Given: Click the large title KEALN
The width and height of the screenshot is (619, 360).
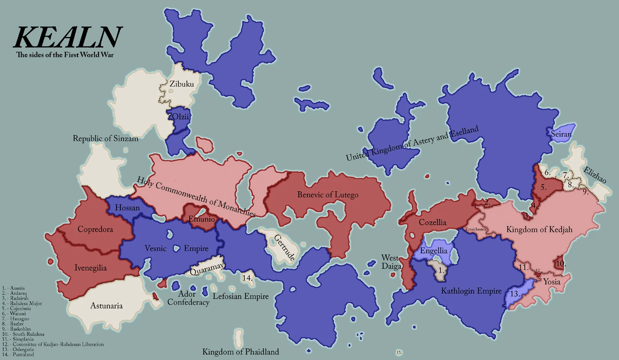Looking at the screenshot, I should tap(68, 37).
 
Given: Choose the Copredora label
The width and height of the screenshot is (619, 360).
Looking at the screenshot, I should tap(95, 228).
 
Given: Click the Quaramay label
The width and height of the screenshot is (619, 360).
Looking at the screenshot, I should tap(206, 268).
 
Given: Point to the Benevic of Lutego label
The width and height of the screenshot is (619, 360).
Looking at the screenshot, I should tap(328, 195).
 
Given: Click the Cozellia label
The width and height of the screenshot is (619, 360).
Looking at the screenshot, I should tap(433, 222).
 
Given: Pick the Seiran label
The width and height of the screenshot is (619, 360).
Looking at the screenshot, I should tap(560, 134).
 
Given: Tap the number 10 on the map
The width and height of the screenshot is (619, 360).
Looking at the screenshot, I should tap(561, 264).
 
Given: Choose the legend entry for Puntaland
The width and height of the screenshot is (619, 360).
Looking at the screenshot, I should tap(19, 354).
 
